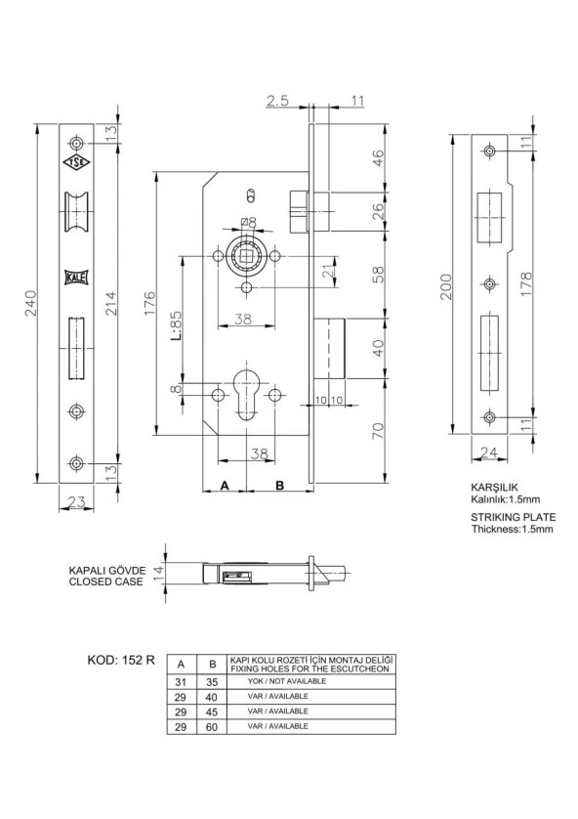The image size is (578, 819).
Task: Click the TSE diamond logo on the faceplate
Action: (77, 163)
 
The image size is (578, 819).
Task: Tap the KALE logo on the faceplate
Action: (77, 277)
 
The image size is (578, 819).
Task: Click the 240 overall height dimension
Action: (29, 304)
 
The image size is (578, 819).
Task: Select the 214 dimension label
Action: (111, 304)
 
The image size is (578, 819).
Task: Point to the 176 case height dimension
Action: (148, 303)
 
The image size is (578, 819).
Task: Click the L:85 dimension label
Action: (176, 325)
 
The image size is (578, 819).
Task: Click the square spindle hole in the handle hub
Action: (246, 256)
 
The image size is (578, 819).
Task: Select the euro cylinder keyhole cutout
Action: (245, 395)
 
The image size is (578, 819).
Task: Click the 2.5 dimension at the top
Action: (277, 101)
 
